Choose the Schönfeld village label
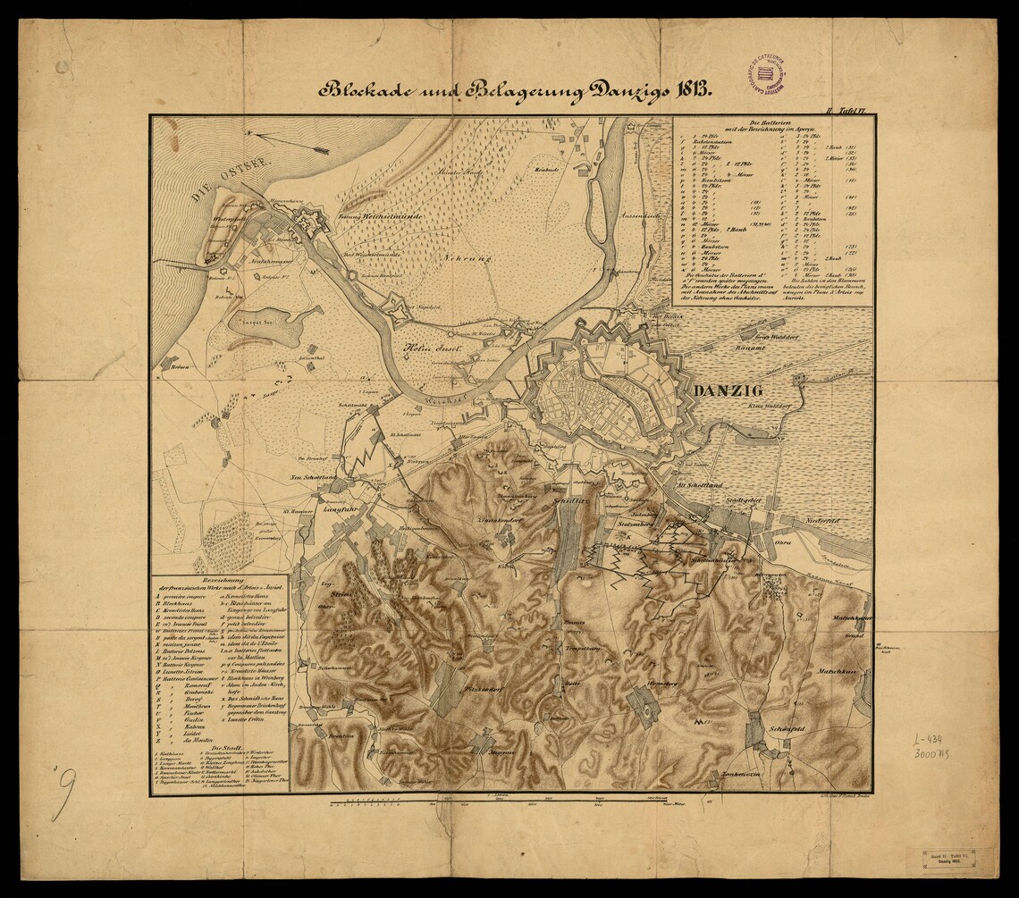pos(785,729)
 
